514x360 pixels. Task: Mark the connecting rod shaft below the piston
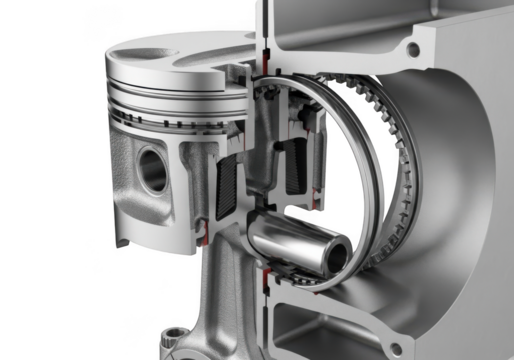(223, 300)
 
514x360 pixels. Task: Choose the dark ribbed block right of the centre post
(297, 165)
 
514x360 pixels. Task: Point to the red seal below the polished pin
(268, 269)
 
